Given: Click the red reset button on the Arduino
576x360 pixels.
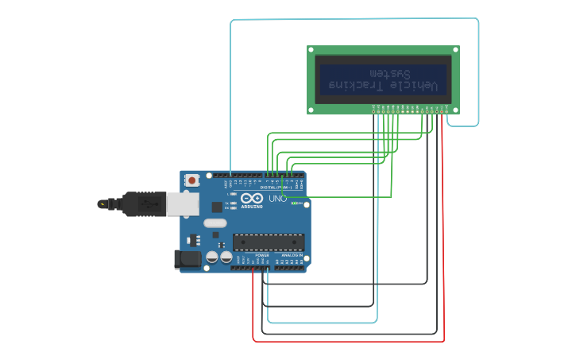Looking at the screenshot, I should coord(191,180).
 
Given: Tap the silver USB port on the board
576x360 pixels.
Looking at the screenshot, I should coord(183,204).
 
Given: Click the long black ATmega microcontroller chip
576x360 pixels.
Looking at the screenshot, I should coord(268,242).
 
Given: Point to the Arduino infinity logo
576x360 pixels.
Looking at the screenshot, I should coord(253,198).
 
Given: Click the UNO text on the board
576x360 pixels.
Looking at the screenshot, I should coord(277,198).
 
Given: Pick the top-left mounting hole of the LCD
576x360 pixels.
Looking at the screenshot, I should coord(311,50).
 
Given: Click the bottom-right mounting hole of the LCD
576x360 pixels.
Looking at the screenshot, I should coord(455,110).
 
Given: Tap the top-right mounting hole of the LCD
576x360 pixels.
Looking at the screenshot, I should coord(455,50).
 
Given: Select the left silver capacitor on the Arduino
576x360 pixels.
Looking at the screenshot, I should coord(212,257).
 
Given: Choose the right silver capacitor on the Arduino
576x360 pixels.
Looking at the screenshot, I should coord(226,257).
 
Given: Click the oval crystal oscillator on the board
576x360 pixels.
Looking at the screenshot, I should coord(215,223).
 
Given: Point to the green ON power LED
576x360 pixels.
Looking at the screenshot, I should coord(295,203).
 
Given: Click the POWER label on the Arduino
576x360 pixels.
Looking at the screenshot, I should coord(261,255).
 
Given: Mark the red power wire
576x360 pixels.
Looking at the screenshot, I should coord(443,238).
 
